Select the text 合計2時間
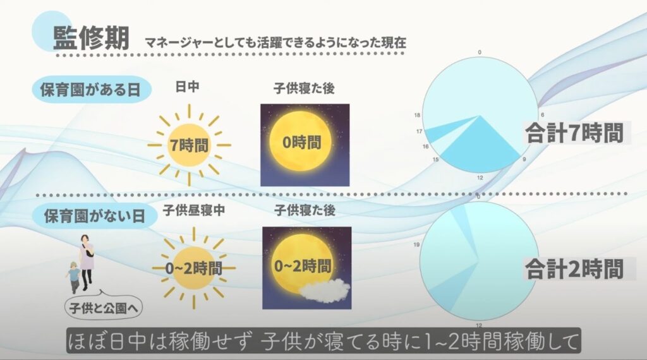coord(574,270)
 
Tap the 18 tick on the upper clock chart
coord(417,116)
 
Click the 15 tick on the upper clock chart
coord(435,160)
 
